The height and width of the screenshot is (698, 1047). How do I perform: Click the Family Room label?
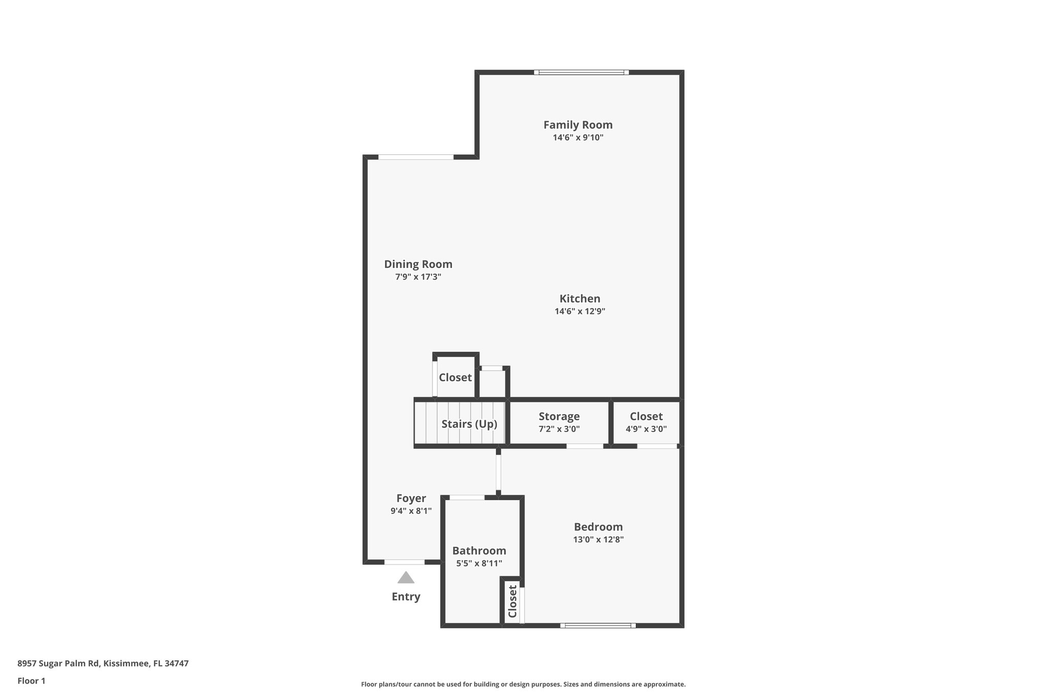pos(578,125)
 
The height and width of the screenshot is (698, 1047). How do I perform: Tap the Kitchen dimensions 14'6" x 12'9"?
pos(580,311)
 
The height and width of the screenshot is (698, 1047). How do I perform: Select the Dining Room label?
pos(418,264)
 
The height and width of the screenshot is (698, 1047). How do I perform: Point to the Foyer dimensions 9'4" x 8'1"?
pos(411,510)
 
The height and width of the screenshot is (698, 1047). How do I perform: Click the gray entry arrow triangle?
pos(406,578)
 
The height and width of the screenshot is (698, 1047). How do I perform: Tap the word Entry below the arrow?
pos(406,597)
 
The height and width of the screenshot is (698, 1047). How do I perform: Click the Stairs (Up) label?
pos(469,424)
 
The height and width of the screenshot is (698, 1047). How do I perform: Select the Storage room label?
pos(559,416)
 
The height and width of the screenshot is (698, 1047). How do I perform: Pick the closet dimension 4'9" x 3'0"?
pos(646,429)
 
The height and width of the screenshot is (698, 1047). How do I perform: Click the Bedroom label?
pos(598,527)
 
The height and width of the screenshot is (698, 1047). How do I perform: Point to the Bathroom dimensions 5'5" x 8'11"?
pos(479,564)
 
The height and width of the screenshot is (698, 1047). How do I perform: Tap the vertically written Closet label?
pos(513,601)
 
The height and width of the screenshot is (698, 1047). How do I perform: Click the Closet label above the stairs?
pos(455,377)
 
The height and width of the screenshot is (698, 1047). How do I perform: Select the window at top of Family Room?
pos(582,73)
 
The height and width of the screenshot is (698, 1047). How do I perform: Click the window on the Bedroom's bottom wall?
pos(598,625)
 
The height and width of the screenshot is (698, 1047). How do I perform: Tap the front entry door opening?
pos(404,562)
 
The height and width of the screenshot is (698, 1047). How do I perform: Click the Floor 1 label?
pos(32,681)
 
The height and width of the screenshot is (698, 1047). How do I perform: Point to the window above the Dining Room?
pos(416,157)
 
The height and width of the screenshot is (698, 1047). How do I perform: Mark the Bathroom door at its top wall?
pos(467,498)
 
